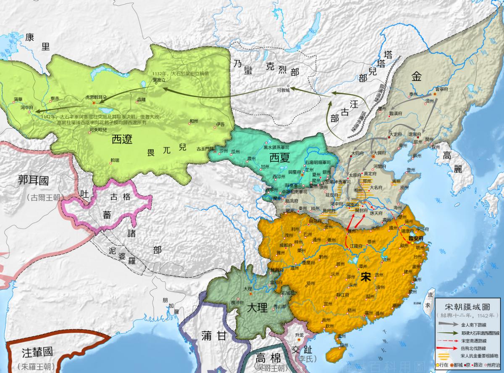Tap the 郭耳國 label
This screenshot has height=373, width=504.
pyautogui.click(x=34, y=181)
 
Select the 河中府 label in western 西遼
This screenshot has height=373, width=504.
pyautogui.click(x=26, y=108)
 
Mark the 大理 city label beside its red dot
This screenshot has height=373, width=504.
pyautogui.click(x=247, y=289)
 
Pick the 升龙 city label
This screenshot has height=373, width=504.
pyautogui.click(x=299, y=335)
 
